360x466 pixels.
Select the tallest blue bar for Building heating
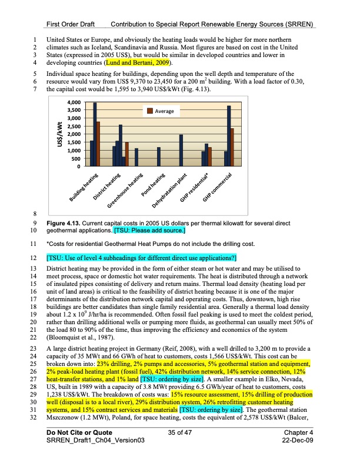[x=95, y=135]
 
